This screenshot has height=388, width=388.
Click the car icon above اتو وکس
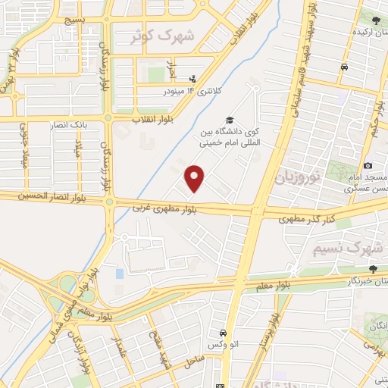223,333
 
